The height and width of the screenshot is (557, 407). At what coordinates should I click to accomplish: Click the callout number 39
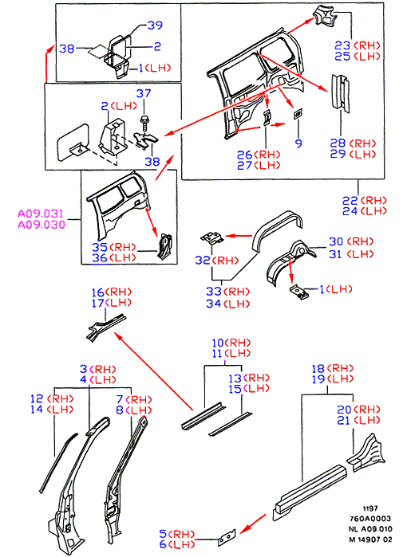click(x=155, y=25)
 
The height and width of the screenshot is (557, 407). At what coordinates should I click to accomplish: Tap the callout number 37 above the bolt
click(x=144, y=93)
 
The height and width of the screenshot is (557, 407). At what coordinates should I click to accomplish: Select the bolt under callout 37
click(x=144, y=122)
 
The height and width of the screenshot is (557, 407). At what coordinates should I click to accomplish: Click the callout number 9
click(x=298, y=143)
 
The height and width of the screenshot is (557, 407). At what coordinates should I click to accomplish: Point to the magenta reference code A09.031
click(x=41, y=214)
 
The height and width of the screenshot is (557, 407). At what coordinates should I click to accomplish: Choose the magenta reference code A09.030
click(x=41, y=225)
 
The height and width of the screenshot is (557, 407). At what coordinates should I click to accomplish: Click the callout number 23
click(x=342, y=45)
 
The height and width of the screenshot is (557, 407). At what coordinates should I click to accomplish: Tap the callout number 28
click(x=338, y=143)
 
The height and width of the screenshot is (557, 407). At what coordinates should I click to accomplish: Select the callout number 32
click(x=203, y=261)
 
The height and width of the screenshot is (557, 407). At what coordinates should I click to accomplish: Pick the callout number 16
click(x=98, y=292)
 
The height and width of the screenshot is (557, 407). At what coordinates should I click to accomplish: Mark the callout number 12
click(x=37, y=399)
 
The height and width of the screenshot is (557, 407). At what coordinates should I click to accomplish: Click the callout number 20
click(x=345, y=410)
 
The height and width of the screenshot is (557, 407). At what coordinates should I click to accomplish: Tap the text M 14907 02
click(x=370, y=539)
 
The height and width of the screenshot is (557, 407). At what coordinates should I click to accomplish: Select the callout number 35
click(x=100, y=247)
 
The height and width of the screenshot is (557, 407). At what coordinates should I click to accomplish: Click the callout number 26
click(x=245, y=155)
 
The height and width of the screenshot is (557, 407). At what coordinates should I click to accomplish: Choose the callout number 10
click(x=218, y=343)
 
